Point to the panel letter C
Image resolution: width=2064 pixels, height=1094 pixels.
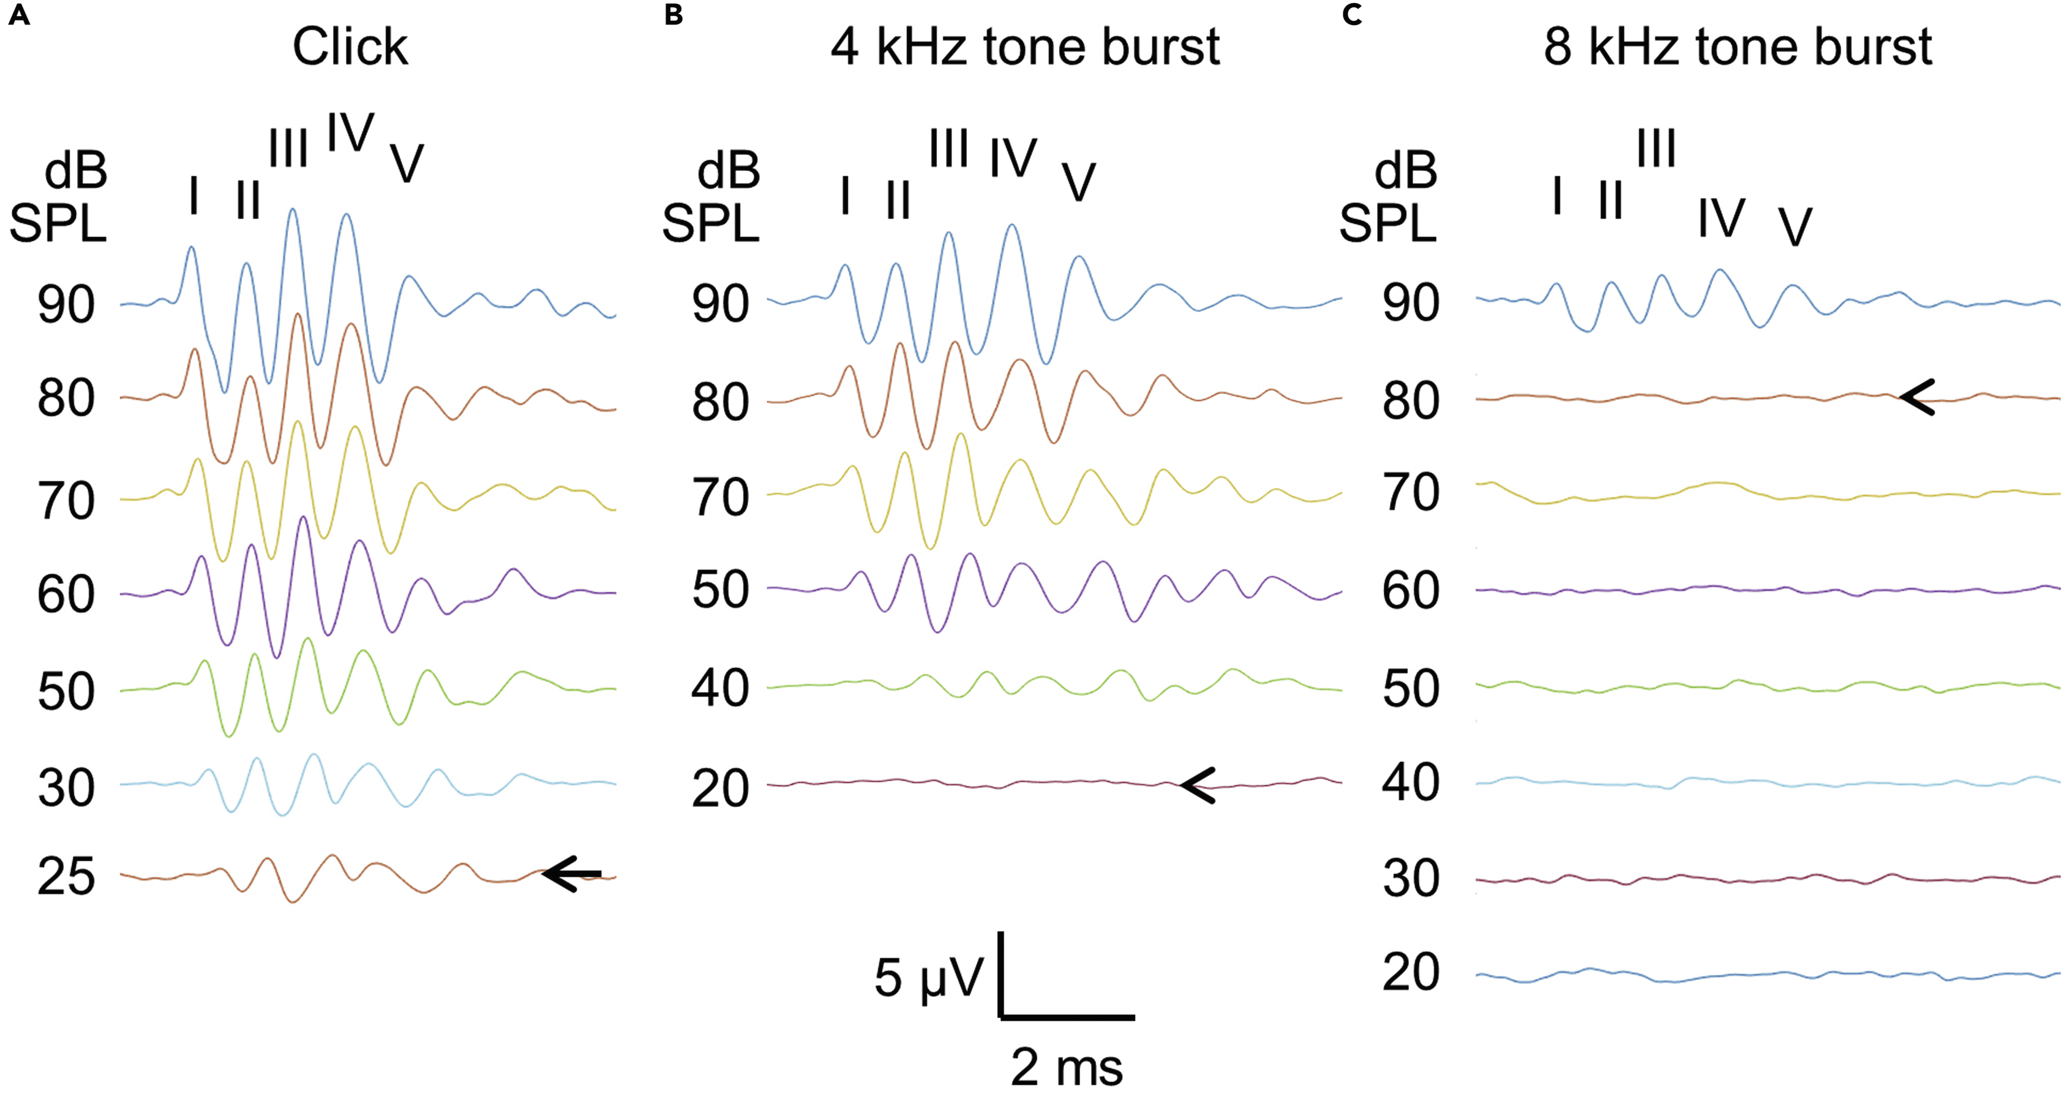1352,15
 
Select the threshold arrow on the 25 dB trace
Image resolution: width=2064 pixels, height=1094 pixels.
571,874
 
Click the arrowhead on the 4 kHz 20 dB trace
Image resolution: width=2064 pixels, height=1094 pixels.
1199,785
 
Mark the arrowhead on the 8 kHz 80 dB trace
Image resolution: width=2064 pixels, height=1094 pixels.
1918,397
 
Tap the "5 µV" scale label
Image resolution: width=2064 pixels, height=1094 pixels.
928,978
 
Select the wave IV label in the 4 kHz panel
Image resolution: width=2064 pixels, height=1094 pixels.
1013,159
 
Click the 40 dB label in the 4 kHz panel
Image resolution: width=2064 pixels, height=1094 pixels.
719,688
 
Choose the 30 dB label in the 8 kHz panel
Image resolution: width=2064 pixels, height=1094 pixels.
1410,879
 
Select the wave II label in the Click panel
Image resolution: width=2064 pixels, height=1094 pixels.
249,200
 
